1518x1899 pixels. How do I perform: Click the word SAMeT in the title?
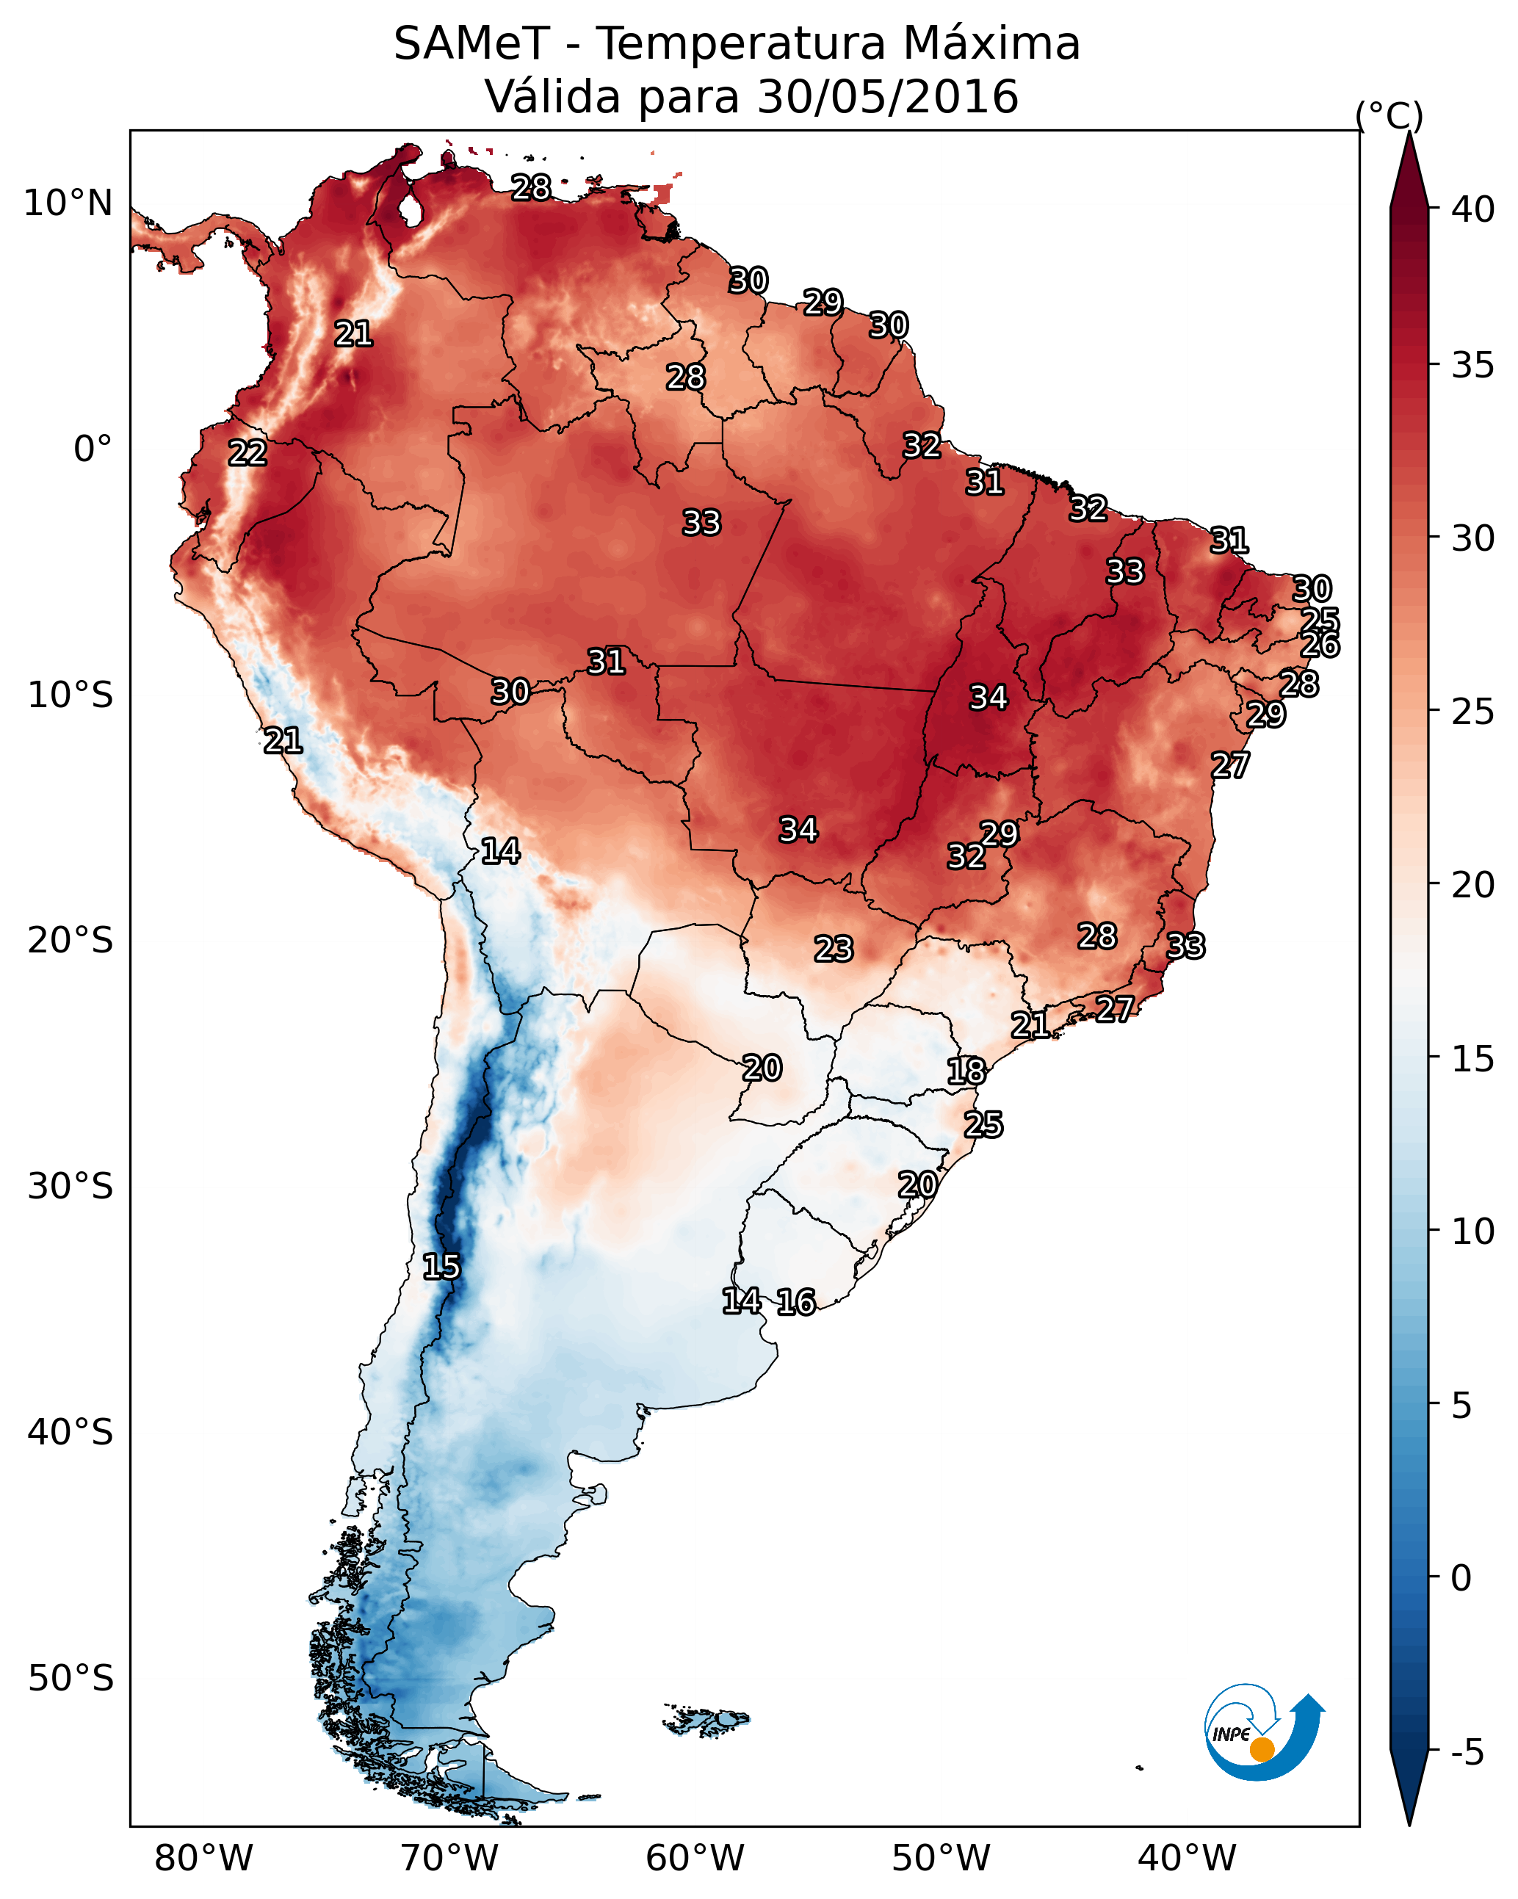(471, 44)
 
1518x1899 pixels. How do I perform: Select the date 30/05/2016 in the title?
(887, 97)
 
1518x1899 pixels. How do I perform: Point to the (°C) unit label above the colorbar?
(1389, 115)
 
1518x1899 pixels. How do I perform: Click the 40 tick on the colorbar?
(1472, 209)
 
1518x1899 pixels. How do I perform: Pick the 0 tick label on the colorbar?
(1461, 1577)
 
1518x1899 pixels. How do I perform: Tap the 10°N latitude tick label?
(68, 203)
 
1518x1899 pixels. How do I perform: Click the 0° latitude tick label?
(93, 449)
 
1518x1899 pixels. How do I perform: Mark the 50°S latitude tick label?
(71, 1679)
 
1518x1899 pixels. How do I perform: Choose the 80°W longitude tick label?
(203, 1858)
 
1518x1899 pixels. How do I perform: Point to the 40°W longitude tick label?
(1187, 1858)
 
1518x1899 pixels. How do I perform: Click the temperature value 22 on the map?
(247, 454)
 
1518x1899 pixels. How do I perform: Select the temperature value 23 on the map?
(834, 949)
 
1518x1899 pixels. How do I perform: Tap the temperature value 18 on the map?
(966, 1072)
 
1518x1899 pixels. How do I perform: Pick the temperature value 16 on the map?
(796, 1302)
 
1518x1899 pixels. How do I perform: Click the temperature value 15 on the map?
(441, 1267)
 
